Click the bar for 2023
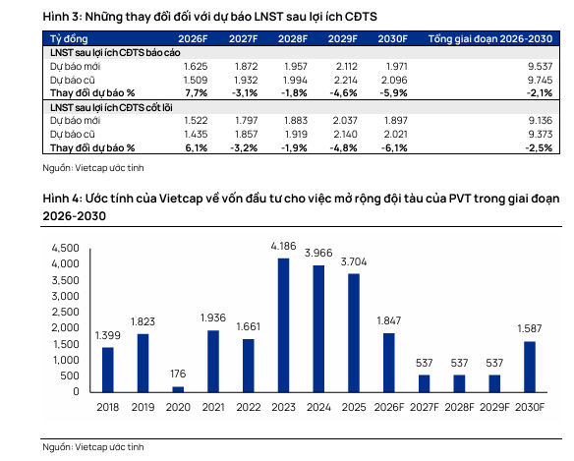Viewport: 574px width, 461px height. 283,325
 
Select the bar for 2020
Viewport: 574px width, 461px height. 178,389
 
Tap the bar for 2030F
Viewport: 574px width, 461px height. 530,367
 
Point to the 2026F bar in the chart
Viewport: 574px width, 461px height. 389,363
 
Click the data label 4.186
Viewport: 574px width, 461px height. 283,246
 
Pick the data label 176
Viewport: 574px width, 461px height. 178,374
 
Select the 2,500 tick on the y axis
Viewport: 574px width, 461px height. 66,312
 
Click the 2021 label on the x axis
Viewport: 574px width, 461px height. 213,407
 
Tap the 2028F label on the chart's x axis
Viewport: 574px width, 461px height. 459,407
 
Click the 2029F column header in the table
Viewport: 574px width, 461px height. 342,38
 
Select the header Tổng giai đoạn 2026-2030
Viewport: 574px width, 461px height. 490,38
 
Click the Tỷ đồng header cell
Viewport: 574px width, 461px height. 69,39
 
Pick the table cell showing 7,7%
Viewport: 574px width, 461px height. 197,93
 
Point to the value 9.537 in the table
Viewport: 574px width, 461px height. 540,66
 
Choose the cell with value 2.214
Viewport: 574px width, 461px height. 345,80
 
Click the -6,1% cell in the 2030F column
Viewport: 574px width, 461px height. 394,147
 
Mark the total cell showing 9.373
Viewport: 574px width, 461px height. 540,135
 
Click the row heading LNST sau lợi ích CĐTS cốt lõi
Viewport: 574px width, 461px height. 111,108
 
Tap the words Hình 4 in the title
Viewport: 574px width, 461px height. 62,199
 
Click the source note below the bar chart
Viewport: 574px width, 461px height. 93,447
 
